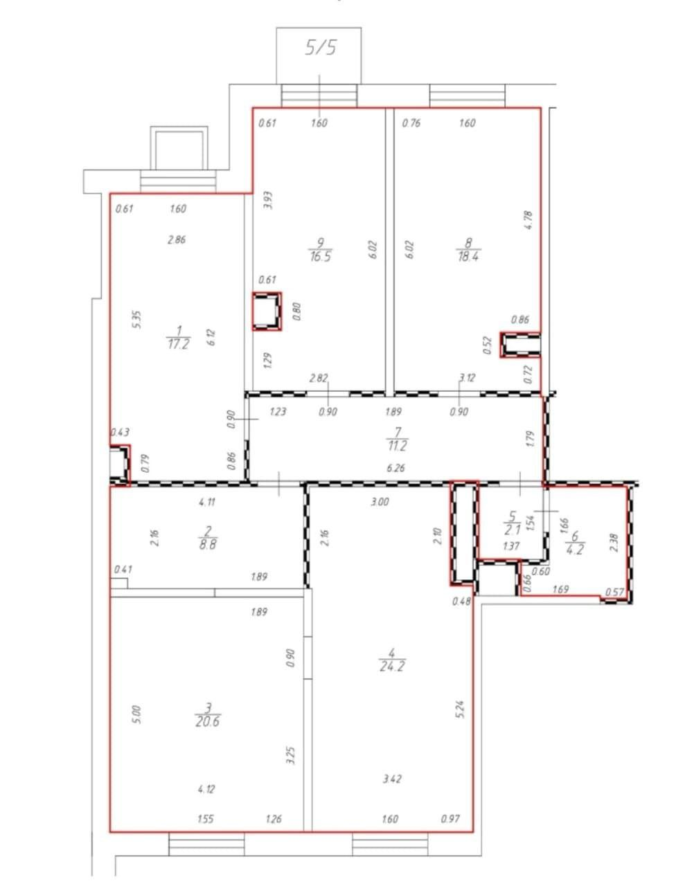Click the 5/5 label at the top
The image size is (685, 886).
tap(321, 48)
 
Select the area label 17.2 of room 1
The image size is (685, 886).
tap(178, 344)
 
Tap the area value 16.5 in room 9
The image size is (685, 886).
tap(321, 257)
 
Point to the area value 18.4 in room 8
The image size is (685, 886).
tap(468, 257)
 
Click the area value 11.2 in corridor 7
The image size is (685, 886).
tap(397, 446)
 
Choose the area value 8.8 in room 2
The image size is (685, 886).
tap(208, 545)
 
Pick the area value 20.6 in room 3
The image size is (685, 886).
tap(208, 722)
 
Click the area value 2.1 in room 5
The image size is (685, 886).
tap(513, 530)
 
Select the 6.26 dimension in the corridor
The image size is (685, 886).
tap(395, 468)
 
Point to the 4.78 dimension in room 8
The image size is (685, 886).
tap(528, 220)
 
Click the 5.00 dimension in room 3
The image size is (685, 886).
tap(137, 714)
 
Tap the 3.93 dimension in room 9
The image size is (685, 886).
tap(268, 201)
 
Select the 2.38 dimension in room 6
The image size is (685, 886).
tap(614, 543)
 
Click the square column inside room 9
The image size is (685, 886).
tap(267, 311)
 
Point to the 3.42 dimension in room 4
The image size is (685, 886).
tap(392, 779)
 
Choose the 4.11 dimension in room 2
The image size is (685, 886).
tap(207, 503)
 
